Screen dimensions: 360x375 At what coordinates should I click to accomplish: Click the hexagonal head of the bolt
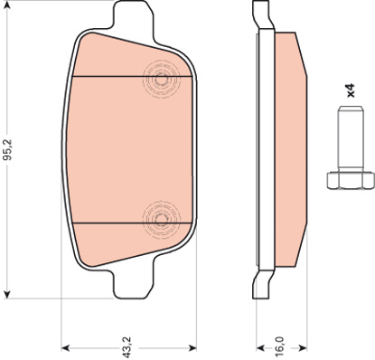342,179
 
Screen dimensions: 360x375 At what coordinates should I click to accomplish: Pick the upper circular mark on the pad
161,80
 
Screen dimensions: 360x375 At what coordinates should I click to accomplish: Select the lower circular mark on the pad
161,218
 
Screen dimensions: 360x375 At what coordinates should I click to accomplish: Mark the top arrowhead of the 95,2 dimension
8,7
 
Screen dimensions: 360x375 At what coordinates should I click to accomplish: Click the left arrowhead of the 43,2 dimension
66,346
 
